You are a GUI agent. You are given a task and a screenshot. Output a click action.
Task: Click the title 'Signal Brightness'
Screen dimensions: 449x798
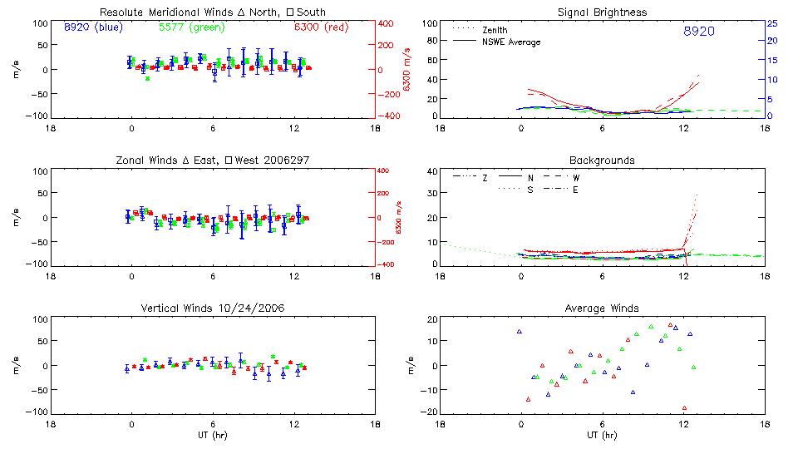pos(601,12)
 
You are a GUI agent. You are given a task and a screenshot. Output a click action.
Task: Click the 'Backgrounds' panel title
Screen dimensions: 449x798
pos(601,160)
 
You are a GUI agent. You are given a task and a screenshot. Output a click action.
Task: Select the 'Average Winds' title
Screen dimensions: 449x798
pos(601,308)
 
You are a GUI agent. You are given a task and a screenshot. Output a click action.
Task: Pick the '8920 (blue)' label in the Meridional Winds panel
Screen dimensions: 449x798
pos(93,27)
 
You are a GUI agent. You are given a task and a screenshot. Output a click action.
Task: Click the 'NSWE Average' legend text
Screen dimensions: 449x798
pos(511,42)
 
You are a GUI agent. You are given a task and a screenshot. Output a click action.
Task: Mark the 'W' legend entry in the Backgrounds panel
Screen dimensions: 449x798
pos(575,178)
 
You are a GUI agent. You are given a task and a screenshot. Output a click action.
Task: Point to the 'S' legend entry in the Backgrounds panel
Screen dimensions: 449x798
pos(530,190)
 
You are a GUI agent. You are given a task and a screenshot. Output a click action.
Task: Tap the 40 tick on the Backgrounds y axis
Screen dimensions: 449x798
pos(431,172)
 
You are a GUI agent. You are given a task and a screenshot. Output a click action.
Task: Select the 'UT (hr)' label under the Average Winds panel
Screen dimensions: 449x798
pos(601,434)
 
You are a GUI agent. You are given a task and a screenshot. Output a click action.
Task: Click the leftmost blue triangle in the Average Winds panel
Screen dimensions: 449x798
pos(520,332)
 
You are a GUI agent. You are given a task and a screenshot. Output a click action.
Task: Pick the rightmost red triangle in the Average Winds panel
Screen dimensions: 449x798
pos(685,407)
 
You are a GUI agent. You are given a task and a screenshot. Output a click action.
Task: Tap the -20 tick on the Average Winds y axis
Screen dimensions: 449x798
pos(430,412)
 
